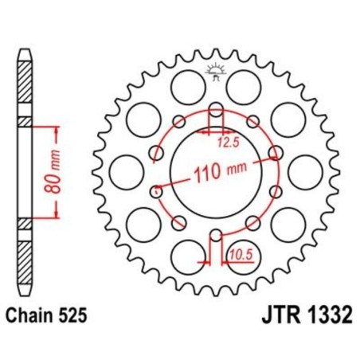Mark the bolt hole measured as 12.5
(216, 111)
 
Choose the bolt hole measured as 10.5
(216, 234)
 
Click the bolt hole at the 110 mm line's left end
(156, 190)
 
